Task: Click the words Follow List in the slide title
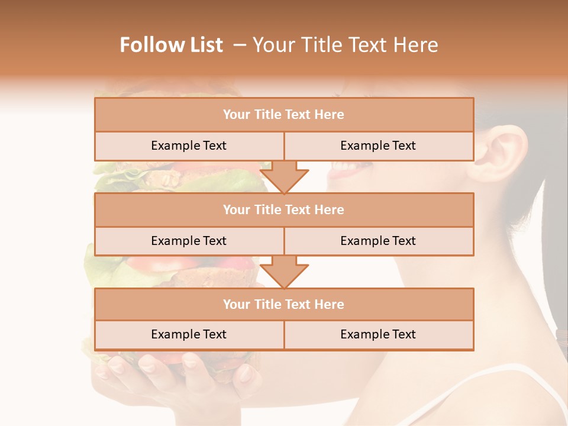pyautogui.click(x=171, y=45)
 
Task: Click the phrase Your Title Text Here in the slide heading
pyautogui.click(x=345, y=45)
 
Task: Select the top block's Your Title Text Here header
pyautogui.click(x=283, y=115)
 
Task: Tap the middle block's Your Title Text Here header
pyautogui.click(x=283, y=210)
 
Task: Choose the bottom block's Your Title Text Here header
pyautogui.click(x=283, y=305)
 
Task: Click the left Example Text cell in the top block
pyautogui.click(x=189, y=146)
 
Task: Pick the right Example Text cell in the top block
pyautogui.click(x=378, y=146)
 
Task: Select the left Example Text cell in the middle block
pyautogui.click(x=189, y=241)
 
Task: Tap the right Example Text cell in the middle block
pyautogui.click(x=378, y=241)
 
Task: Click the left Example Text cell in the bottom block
pyautogui.click(x=189, y=335)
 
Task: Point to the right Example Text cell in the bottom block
pyautogui.click(x=378, y=335)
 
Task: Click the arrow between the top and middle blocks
pyautogui.click(x=284, y=177)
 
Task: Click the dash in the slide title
pyautogui.click(x=240, y=45)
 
